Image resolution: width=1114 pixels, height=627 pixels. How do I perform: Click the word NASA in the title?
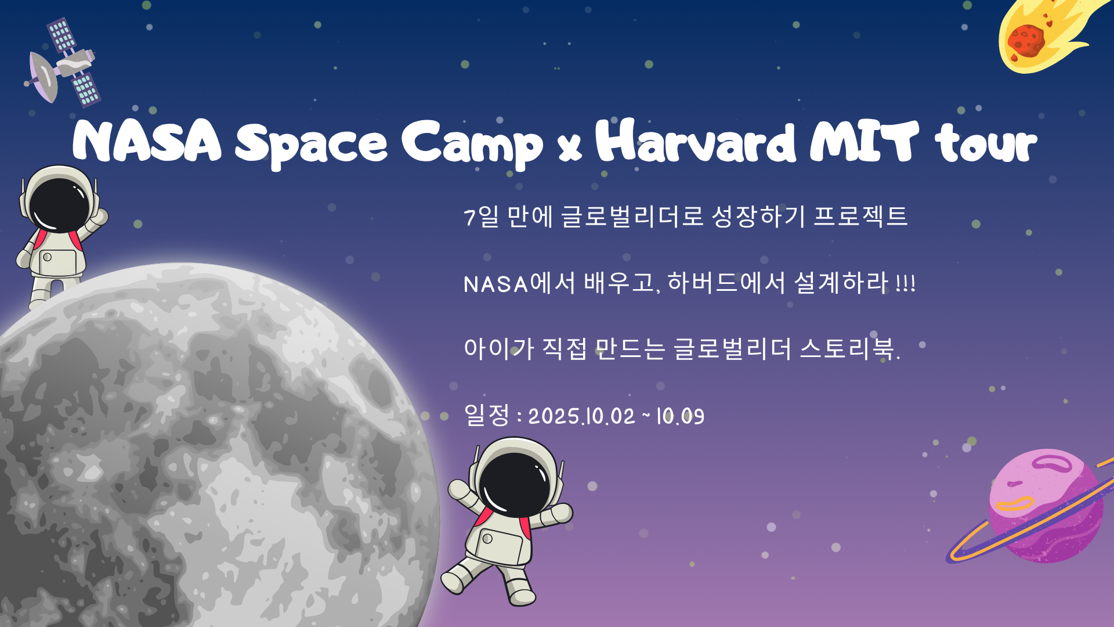tap(147, 141)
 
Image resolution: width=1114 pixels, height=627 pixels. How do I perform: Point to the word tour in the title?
tap(986, 143)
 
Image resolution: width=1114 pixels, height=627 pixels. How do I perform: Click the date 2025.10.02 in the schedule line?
tap(582, 416)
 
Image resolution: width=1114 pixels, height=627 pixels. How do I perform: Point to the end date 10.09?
tap(680, 416)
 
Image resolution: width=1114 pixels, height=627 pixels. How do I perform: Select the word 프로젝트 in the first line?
tap(860, 216)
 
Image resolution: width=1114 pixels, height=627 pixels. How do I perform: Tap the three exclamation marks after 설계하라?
tap(906, 284)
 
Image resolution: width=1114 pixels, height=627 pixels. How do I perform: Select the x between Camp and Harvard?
tap(570, 149)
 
